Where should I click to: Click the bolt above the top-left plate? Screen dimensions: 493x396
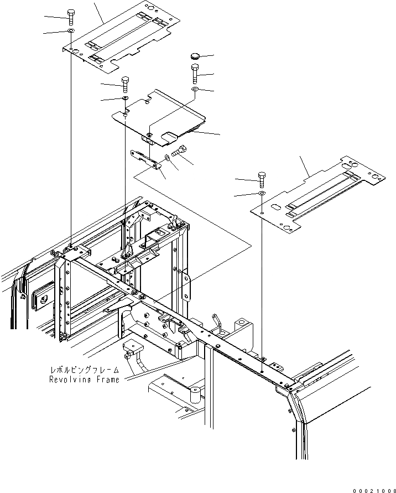click(71, 16)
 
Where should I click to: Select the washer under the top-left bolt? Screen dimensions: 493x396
click(71, 33)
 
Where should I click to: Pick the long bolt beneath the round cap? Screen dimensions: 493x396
click(195, 73)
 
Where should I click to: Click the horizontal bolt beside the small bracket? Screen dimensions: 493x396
click(181, 149)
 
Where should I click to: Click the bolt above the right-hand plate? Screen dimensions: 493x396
click(262, 179)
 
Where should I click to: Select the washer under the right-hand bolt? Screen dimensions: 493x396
click(262, 194)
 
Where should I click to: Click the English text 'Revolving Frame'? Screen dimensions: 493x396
click(84, 380)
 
